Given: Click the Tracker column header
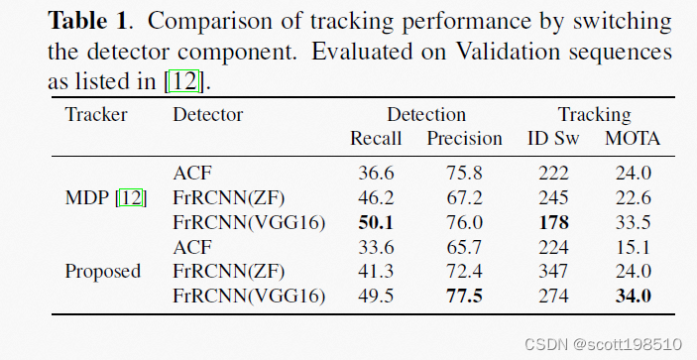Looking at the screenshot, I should tap(96, 114).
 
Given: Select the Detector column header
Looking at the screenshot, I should tap(208, 114).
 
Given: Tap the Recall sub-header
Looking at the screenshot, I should tap(376, 139).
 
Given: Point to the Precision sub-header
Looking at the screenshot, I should tap(465, 139).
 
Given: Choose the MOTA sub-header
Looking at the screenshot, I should tap(633, 139).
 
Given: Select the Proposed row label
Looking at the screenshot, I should tap(103, 271).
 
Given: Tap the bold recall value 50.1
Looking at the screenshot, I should tap(377, 222).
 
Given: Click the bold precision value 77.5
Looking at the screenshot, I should tap(465, 295).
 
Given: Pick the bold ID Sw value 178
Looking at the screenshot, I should tap(553, 222).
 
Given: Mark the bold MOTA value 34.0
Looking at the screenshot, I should tap(633, 295).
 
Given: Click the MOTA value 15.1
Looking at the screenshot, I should tap(633, 247).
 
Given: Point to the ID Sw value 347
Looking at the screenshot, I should tap(553, 271).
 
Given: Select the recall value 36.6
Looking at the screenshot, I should tap(377, 175).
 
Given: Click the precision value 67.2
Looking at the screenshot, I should tap(465, 198).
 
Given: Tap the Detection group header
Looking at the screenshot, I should tap(425, 114).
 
